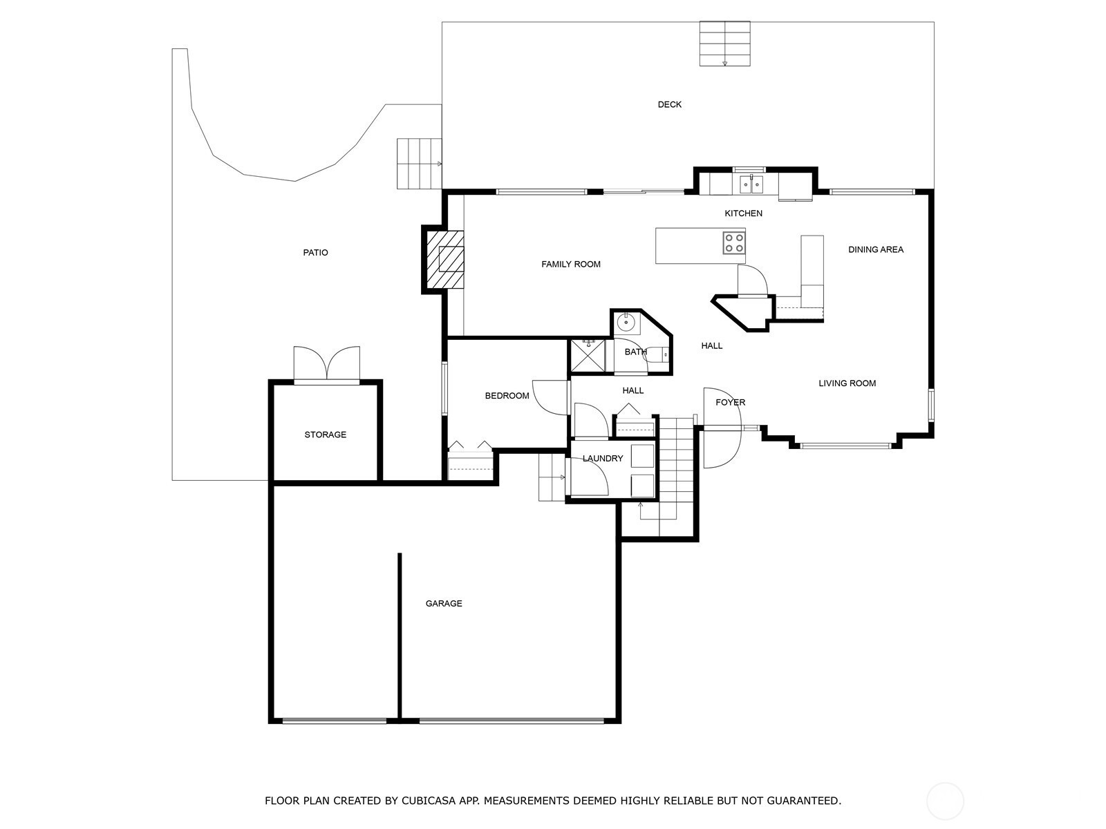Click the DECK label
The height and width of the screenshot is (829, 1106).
[669, 105]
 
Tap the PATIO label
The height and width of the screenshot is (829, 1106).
[315, 253]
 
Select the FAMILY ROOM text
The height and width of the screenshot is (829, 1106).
[571, 265]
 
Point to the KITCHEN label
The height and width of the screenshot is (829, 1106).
[743, 213]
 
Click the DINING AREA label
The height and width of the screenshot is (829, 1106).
[876, 249]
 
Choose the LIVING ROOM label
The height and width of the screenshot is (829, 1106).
[847, 383]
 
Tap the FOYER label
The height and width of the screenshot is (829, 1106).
[730, 403]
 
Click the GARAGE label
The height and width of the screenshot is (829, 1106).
[443, 604]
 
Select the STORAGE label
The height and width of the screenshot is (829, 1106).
[325, 435]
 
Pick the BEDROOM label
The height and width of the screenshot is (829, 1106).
[507, 396]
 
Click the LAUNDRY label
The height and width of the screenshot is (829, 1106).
[603, 459]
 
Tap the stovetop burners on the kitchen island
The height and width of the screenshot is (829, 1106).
[733, 242]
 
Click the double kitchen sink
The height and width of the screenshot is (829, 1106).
[751, 184]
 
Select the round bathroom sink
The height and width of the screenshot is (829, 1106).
[626, 321]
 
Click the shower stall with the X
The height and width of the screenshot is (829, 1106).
[588, 356]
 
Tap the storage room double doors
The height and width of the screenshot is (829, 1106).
[326, 363]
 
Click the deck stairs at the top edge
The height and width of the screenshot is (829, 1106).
[724, 44]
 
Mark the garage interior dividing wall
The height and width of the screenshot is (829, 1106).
[400, 636]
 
